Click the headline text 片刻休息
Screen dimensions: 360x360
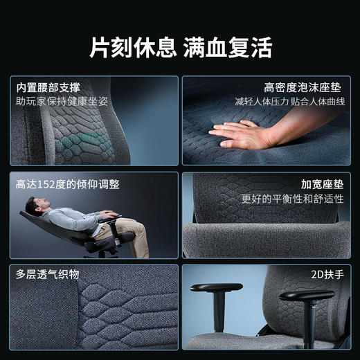click(132, 47)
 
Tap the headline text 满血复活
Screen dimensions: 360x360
click(228, 47)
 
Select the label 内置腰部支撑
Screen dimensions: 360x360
click(48, 88)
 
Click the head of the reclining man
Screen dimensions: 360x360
click(33, 206)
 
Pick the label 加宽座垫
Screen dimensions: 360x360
click(323, 185)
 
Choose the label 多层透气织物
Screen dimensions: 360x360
click(48, 274)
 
